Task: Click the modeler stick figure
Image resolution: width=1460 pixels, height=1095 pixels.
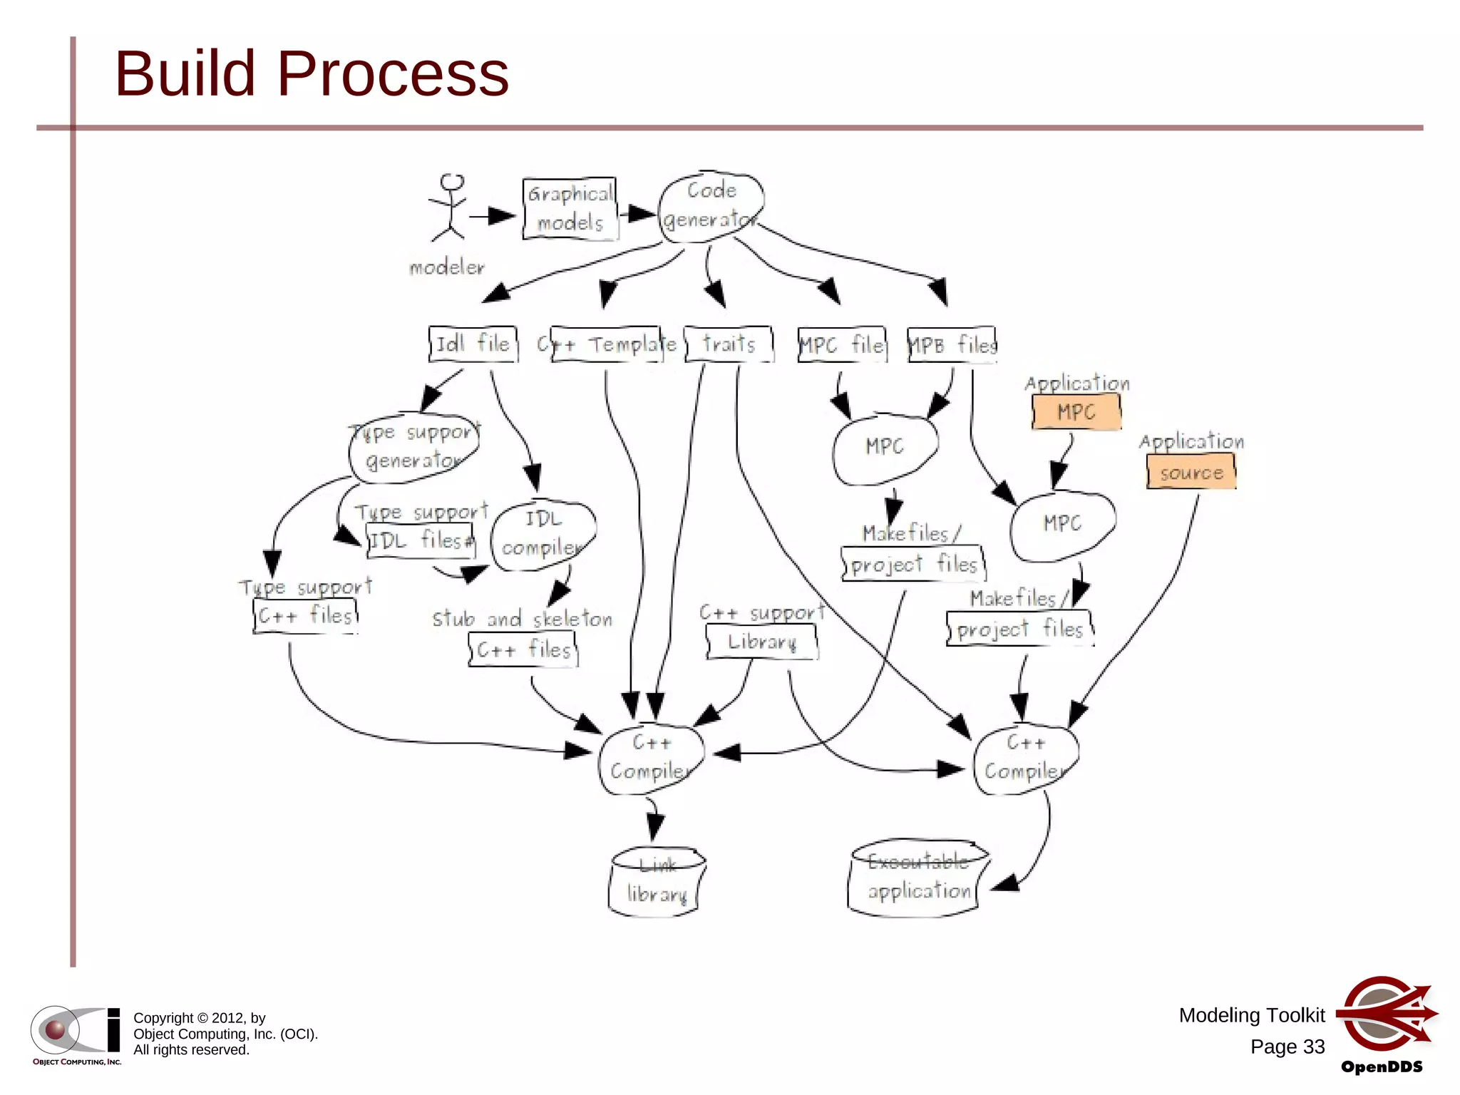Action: tap(448, 208)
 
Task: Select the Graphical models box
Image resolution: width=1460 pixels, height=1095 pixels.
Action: tap(570, 208)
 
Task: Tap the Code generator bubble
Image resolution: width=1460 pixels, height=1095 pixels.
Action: tap(710, 205)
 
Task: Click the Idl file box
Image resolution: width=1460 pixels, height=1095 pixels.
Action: tap(473, 344)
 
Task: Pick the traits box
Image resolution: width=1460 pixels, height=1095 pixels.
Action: tap(729, 344)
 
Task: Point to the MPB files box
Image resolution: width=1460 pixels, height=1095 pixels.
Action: tap(952, 345)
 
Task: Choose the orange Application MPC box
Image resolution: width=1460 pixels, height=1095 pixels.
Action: tap(1076, 412)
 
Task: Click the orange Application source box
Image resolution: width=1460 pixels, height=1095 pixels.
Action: tap(1191, 473)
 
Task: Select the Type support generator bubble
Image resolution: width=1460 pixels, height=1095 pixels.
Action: tap(414, 447)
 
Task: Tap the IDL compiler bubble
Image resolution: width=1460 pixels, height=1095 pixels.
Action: tap(543, 534)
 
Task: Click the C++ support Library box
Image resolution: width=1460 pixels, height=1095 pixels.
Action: tap(761, 642)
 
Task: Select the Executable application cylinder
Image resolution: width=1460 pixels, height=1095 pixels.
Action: tap(917, 878)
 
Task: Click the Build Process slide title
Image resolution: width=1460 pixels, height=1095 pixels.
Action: tap(312, 73)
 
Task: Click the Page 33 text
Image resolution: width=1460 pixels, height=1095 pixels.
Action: tap(1287, 1047)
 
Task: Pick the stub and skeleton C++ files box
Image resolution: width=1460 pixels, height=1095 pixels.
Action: tap(523, 649)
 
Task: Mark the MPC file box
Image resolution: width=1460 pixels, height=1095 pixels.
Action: tap(842, 345)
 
